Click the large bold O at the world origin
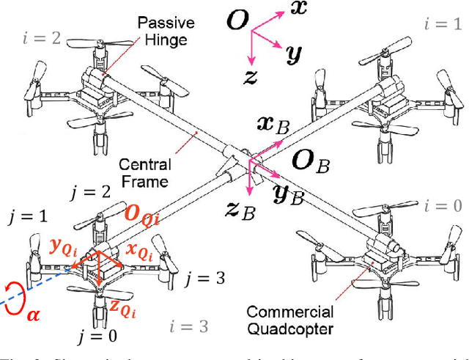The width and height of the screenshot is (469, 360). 237,21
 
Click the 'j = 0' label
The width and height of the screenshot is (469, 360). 98,339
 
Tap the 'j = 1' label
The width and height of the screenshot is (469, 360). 27,217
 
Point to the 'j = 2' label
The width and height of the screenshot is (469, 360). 89,193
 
